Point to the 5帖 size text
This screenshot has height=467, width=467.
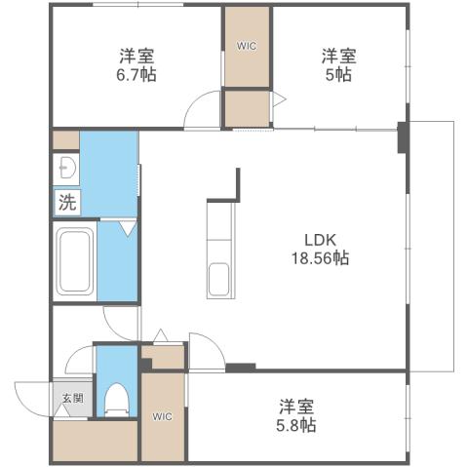(x=337, y=75)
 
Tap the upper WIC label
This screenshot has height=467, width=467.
(x=248, y=45)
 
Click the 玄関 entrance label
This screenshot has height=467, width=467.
(x=73, y=397)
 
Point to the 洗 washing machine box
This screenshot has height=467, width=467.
(x=66, y=203)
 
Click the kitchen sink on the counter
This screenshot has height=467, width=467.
(x=218, y=279)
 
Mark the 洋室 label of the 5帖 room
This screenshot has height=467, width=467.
(x=337, y=56)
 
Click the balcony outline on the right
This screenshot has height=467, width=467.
(x=453, y=244)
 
